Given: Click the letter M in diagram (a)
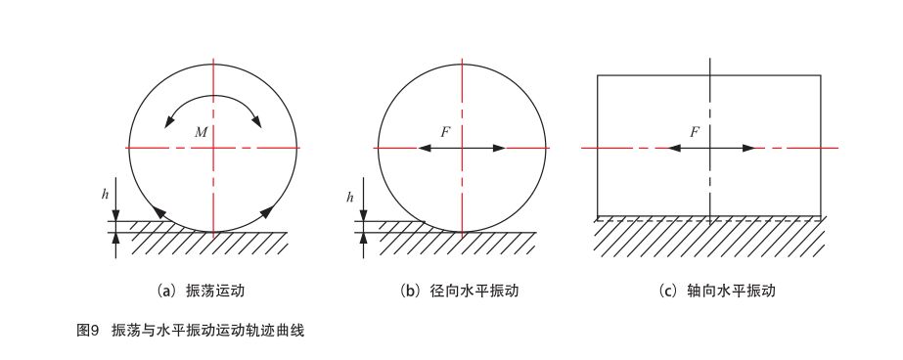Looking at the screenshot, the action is pyautogui.click(x=200, y=132).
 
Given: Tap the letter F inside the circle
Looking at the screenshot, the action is pyautogui.click(x=446, y=131).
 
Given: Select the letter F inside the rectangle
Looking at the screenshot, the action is pyautogui.click(x=694, y=131).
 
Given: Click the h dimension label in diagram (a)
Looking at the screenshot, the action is pyautogui.click(x=105, y=195).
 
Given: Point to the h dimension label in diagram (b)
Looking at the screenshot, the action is pyautogui.click(x=349, y=198).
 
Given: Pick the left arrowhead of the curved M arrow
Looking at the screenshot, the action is pyautogui.click(x=171, y=121).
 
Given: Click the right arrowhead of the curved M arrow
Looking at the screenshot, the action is pyautogui.click(x=257, y=121).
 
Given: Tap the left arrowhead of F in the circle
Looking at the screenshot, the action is pyautogui.click(x=425, y=148).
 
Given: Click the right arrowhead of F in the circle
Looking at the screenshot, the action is pyautogui.click(x=500, y=148).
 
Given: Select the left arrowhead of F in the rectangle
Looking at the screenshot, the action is pyautogui.click(x=674, y=148).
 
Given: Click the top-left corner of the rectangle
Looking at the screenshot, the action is pyautogui.click(x=598, y=75).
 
